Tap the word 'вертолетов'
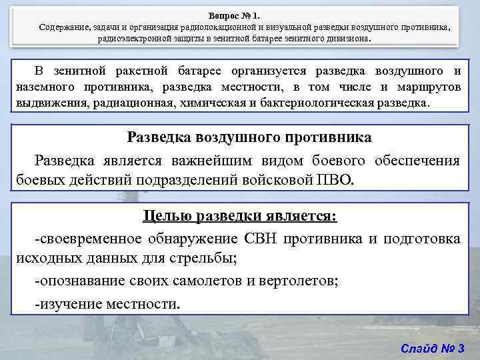(x=297, y=281)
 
